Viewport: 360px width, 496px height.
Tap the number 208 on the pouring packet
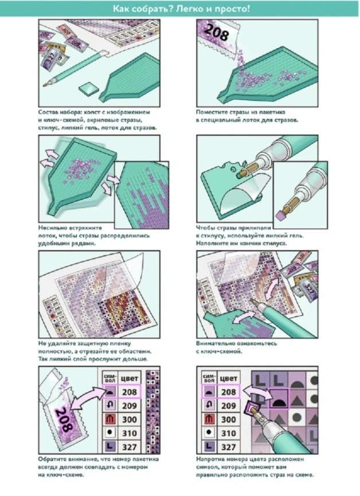[x=217, y=32]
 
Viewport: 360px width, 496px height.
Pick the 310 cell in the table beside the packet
[x=130, y=433]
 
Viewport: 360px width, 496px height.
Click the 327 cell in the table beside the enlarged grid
[x=228, y=447]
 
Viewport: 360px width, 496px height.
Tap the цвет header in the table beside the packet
[x=130, y=378]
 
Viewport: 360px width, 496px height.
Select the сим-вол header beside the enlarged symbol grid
[x=209, y=378]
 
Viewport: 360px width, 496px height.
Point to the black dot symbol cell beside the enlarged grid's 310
[x=209, y=433]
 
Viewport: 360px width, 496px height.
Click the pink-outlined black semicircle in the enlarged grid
[x=279, y=399]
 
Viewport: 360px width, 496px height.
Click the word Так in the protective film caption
[x=42, y=360]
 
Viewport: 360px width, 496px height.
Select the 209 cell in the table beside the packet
[x=130, y=405]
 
